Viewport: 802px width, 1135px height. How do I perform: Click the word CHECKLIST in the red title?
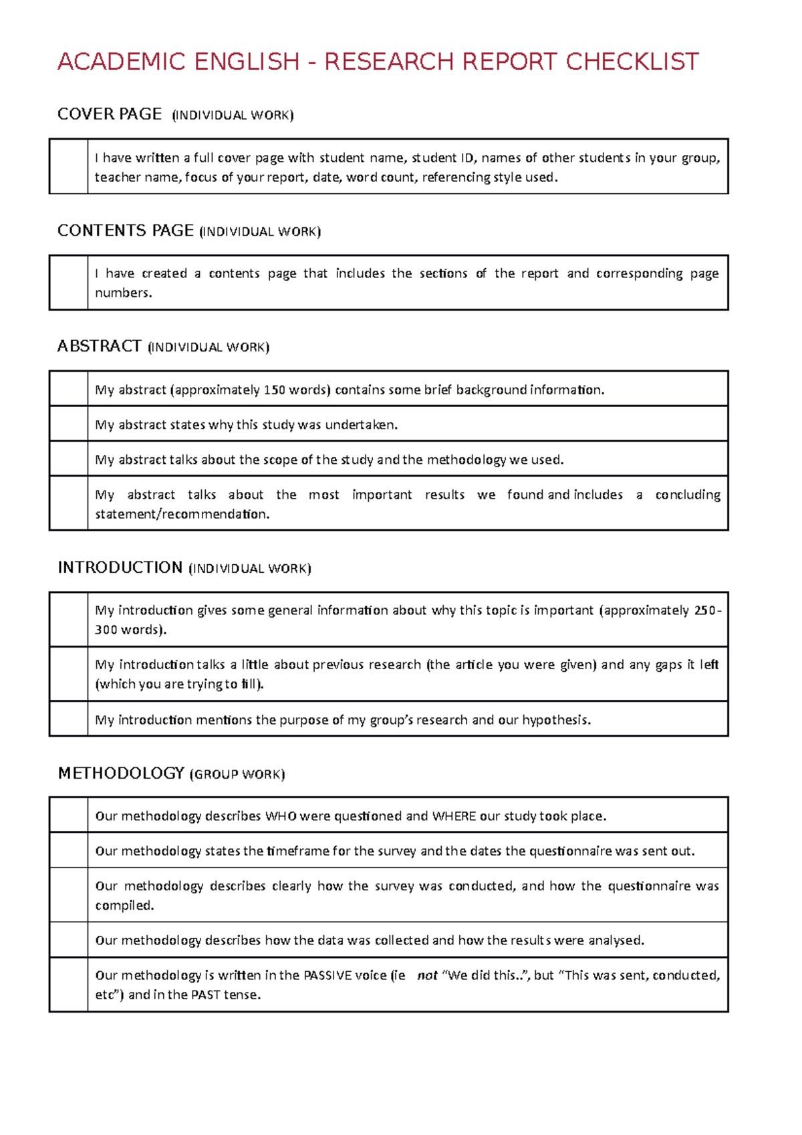point(632,61)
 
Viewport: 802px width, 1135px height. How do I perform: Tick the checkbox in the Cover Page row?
point(68,166)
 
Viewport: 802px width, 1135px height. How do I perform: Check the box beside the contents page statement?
point(68,282)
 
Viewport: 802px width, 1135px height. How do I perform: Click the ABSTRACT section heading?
point(100,346)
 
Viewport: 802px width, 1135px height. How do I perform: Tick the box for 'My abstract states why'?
point(68,424)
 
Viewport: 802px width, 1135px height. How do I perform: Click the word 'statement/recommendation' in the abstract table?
point(182,514)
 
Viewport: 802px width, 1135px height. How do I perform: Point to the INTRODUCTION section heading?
point(120,567)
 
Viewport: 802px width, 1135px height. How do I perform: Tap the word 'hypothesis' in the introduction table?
point(555,720)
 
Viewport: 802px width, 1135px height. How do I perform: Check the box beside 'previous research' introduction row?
point(68,674)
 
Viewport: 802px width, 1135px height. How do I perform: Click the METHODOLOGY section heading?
point(121,773)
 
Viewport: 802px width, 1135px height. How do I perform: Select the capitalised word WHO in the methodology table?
point(281,816)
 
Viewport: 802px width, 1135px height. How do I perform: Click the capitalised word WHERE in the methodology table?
point(454,816)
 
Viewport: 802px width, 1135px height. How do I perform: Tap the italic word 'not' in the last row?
point(427,975)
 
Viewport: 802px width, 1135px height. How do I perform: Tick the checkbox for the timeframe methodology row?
point(68,850)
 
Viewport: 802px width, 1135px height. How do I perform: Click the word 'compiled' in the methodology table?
point(124,906)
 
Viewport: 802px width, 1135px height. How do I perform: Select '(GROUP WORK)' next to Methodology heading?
point(237,774)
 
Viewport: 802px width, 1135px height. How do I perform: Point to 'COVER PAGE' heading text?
point(110,114)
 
